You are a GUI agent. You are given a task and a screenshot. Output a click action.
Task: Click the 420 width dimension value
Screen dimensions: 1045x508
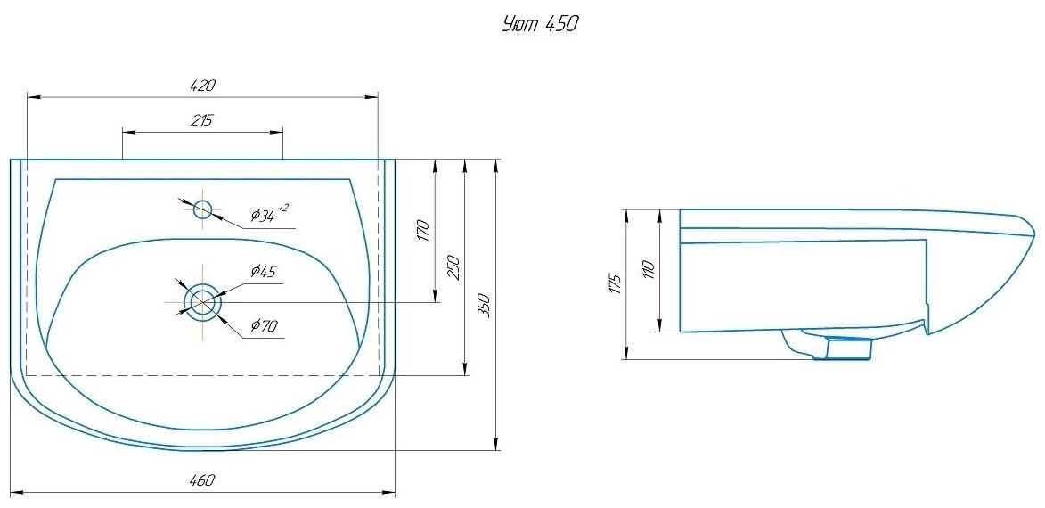click(x=204, y=86)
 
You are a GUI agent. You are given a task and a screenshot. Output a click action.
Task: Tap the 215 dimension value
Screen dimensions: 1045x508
click(x=201, y=121)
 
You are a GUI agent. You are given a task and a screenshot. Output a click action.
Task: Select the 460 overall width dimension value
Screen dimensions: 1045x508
click(x=203, y=480)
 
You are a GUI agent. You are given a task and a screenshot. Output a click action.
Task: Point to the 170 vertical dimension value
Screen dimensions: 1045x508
click(x=424, y=231)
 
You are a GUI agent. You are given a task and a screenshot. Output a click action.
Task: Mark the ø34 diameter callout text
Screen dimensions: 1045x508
click(x=263, y=215)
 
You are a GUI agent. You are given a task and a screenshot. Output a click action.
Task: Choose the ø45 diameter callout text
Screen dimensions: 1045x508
click(x=264, y=272)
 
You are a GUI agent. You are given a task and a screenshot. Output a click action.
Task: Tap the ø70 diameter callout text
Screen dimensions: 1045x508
click(x=264, y=326)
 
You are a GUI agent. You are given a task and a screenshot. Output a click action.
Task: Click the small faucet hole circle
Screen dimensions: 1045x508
click(x=203, y=209)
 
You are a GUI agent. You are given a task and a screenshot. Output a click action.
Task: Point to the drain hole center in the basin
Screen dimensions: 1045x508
click(x=203, y=302)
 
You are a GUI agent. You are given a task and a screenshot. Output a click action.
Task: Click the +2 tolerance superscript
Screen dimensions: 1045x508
click(x=283, y=208)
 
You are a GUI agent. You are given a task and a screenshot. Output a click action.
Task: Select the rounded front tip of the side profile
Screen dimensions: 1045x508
click(x=1031, y=228)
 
